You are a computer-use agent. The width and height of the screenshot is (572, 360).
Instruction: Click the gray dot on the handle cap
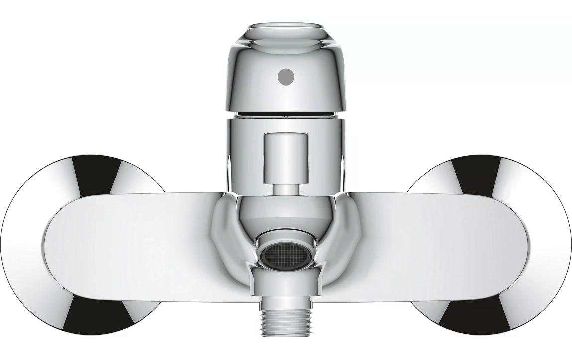(286, 77)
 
